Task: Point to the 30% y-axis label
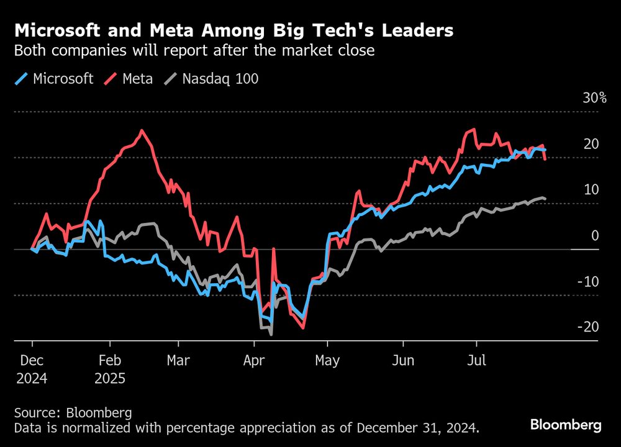594,98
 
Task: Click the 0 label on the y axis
594,235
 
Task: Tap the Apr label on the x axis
254,361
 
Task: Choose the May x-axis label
327,361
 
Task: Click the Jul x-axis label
476,361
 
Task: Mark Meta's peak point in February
142,130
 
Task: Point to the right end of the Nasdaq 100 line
545,199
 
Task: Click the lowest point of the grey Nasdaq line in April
271,335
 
